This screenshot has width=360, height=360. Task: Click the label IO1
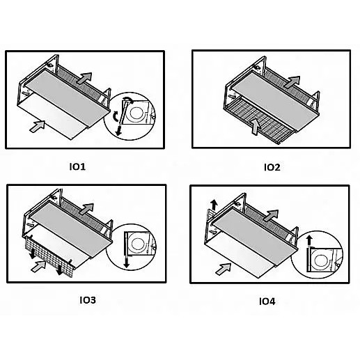click(77, 166)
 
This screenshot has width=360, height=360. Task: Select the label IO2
click(272, 167)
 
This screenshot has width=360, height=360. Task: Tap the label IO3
click(88, 300)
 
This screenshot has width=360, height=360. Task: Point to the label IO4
click(267, 302)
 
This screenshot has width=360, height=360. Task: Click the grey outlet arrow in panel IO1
click(84, 78)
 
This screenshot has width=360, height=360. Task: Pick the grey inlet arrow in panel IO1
click(38, 127)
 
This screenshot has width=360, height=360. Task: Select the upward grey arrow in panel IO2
click(255, 127)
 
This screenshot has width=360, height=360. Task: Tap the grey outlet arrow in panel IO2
click(292, 82)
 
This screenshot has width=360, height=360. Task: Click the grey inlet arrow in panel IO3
click(39, 266)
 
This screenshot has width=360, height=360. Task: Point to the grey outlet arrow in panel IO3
click(86, 209)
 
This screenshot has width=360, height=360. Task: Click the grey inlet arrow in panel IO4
click(224, 269)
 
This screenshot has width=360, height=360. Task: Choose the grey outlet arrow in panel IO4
click(271, 215)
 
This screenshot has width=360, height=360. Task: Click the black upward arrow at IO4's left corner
click(214, 205)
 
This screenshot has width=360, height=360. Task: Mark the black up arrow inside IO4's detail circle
click(308, 241)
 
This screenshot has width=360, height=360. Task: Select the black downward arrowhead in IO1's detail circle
click(118, 132)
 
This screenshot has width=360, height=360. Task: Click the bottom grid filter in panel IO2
click(259, 120)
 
